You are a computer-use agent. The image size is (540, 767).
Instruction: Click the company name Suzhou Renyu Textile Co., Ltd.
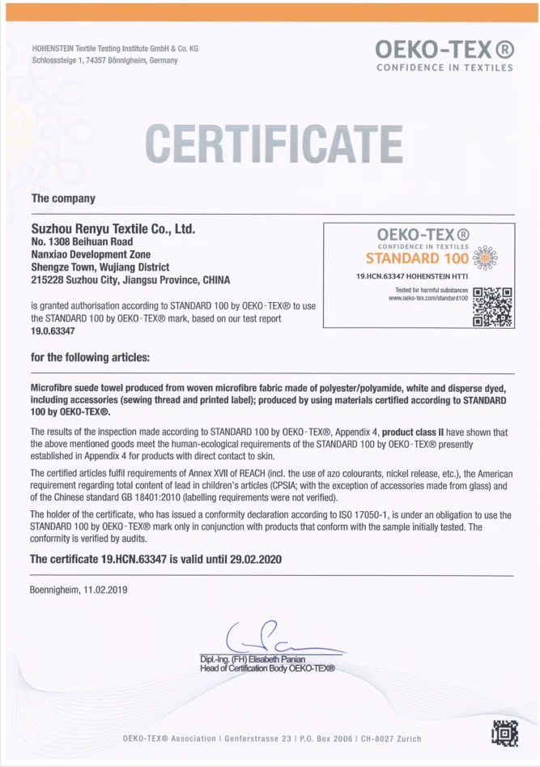tap(113, 229)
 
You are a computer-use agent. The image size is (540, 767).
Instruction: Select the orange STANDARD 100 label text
tap(417, 259)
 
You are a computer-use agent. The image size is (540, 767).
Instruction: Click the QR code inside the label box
tap(493, 307)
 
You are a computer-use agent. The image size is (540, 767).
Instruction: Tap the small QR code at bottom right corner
tap(505, 732)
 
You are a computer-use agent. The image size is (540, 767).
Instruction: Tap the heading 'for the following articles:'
tap(90, 357)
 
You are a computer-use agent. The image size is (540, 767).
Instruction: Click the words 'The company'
tap(63, 198)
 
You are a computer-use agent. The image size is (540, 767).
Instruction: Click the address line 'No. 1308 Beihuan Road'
tap(82, 241)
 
